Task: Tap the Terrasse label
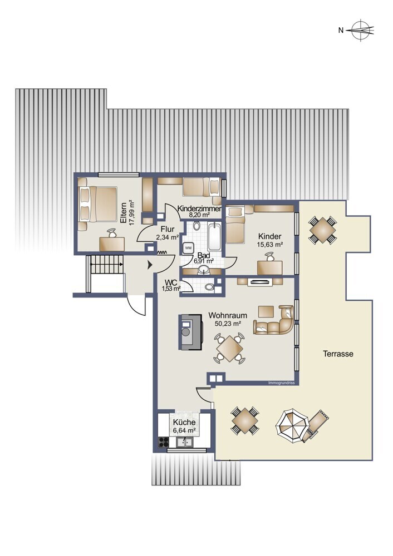pyautogui.click(x=338, y=354)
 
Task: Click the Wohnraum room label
pyautogui.click(x=228, y=315)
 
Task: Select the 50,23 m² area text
pyautogui.click(x=228, y=324)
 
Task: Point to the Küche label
pyautogui.click(x=184, y=423)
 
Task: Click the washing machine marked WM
pyautogui.click(x=188, y=247)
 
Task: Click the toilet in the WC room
pyautogui.click(x=210, y=287)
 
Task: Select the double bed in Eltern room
pyautogui.click(x=98, y=204)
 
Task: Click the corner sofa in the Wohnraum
pyautogui.click(x=274, y=320)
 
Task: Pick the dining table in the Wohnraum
pyautogui.click(x=229, y=349)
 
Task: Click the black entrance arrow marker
pyautogui.click(x=150, y=265)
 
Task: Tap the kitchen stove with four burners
pyautogui.click(x=163, y=442)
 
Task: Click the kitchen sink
pyautogui.click(x=185, y=442)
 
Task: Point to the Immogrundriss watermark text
pyautogui.click(x=282, y=383)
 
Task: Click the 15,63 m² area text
pyautogui.click(x=270, y=244)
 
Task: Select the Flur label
pyautogui.click(x=167, y=229)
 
